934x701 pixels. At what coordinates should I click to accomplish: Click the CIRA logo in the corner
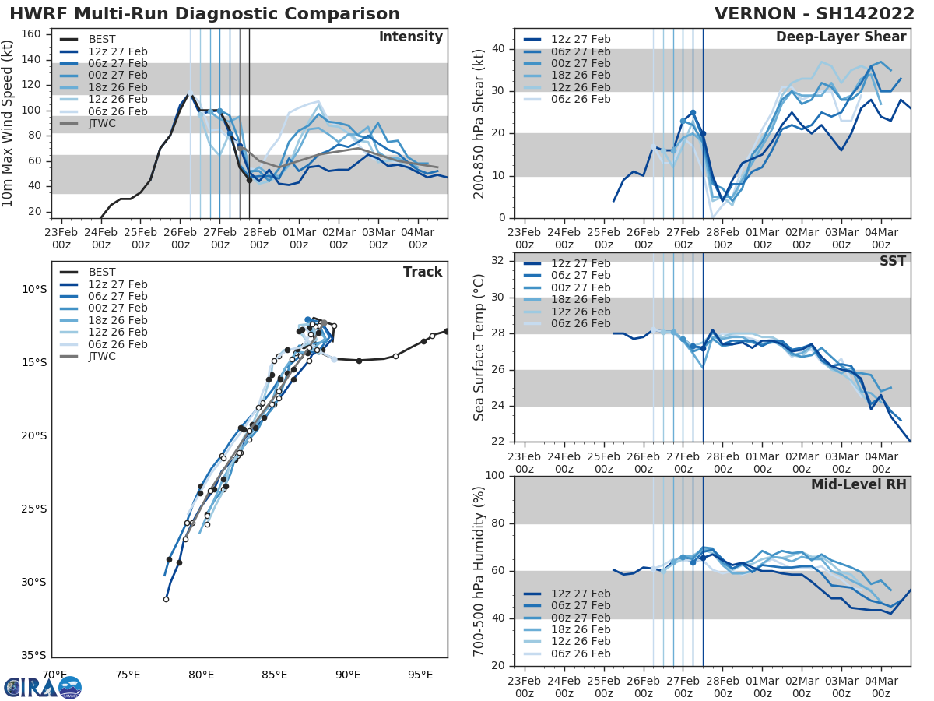[x=42, y=687]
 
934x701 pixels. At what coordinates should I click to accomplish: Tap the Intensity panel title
[x=410, y=37]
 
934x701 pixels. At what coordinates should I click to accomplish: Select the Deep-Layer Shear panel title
[x=841, y=37]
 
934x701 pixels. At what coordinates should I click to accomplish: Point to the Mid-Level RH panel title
[x=859, y=484]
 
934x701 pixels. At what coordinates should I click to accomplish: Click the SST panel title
[x=893, y=261]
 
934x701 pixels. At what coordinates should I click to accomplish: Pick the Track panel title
[x=423, y=272]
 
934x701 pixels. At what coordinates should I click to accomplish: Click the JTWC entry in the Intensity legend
[x=102, y=124]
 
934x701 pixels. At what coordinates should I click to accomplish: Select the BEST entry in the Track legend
[x=102, y=272]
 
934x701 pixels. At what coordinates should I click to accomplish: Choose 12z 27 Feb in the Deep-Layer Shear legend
[x=580, y=39]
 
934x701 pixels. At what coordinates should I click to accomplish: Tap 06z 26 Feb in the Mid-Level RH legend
[x=580, y=654]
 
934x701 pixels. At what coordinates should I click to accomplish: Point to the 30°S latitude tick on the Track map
[x=34, y=582]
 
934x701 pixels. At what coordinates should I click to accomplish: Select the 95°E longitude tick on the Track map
[x=420, y=675]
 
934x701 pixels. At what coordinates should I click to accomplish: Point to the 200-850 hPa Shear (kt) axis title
[x=480, y=123]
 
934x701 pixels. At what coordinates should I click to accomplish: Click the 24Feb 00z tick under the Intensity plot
[x=100, y=238]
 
